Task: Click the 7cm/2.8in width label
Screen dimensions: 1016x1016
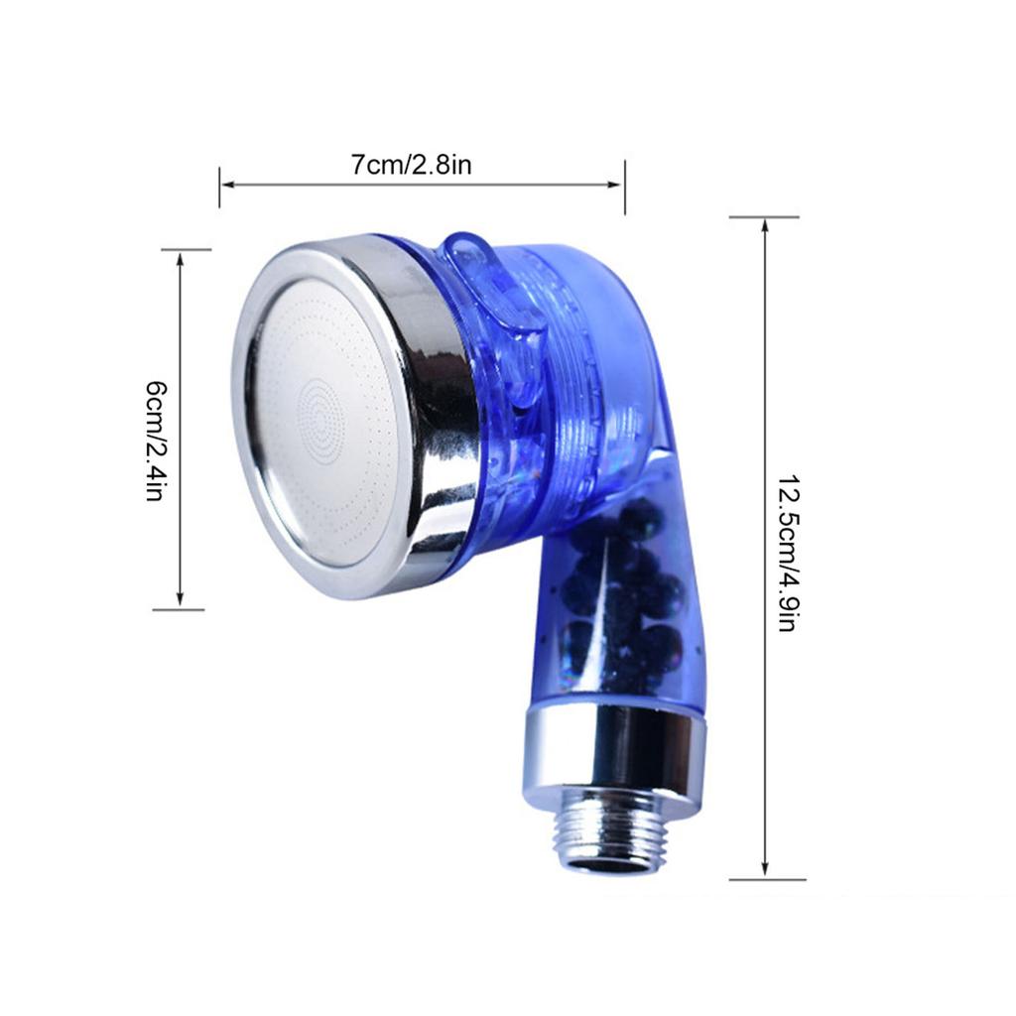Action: point(411,164)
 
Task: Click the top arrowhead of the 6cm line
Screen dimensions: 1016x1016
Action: point(180,257)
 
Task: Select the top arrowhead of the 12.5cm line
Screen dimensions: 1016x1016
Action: point(765,225)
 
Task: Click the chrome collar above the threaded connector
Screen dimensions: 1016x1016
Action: point(615,754)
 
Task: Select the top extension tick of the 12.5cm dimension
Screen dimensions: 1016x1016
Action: point(764,217)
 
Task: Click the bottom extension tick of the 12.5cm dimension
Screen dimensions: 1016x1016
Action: point(766,879)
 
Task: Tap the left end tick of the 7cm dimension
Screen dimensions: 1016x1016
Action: point(219,187)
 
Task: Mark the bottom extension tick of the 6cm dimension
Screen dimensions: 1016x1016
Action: point(180,609)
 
